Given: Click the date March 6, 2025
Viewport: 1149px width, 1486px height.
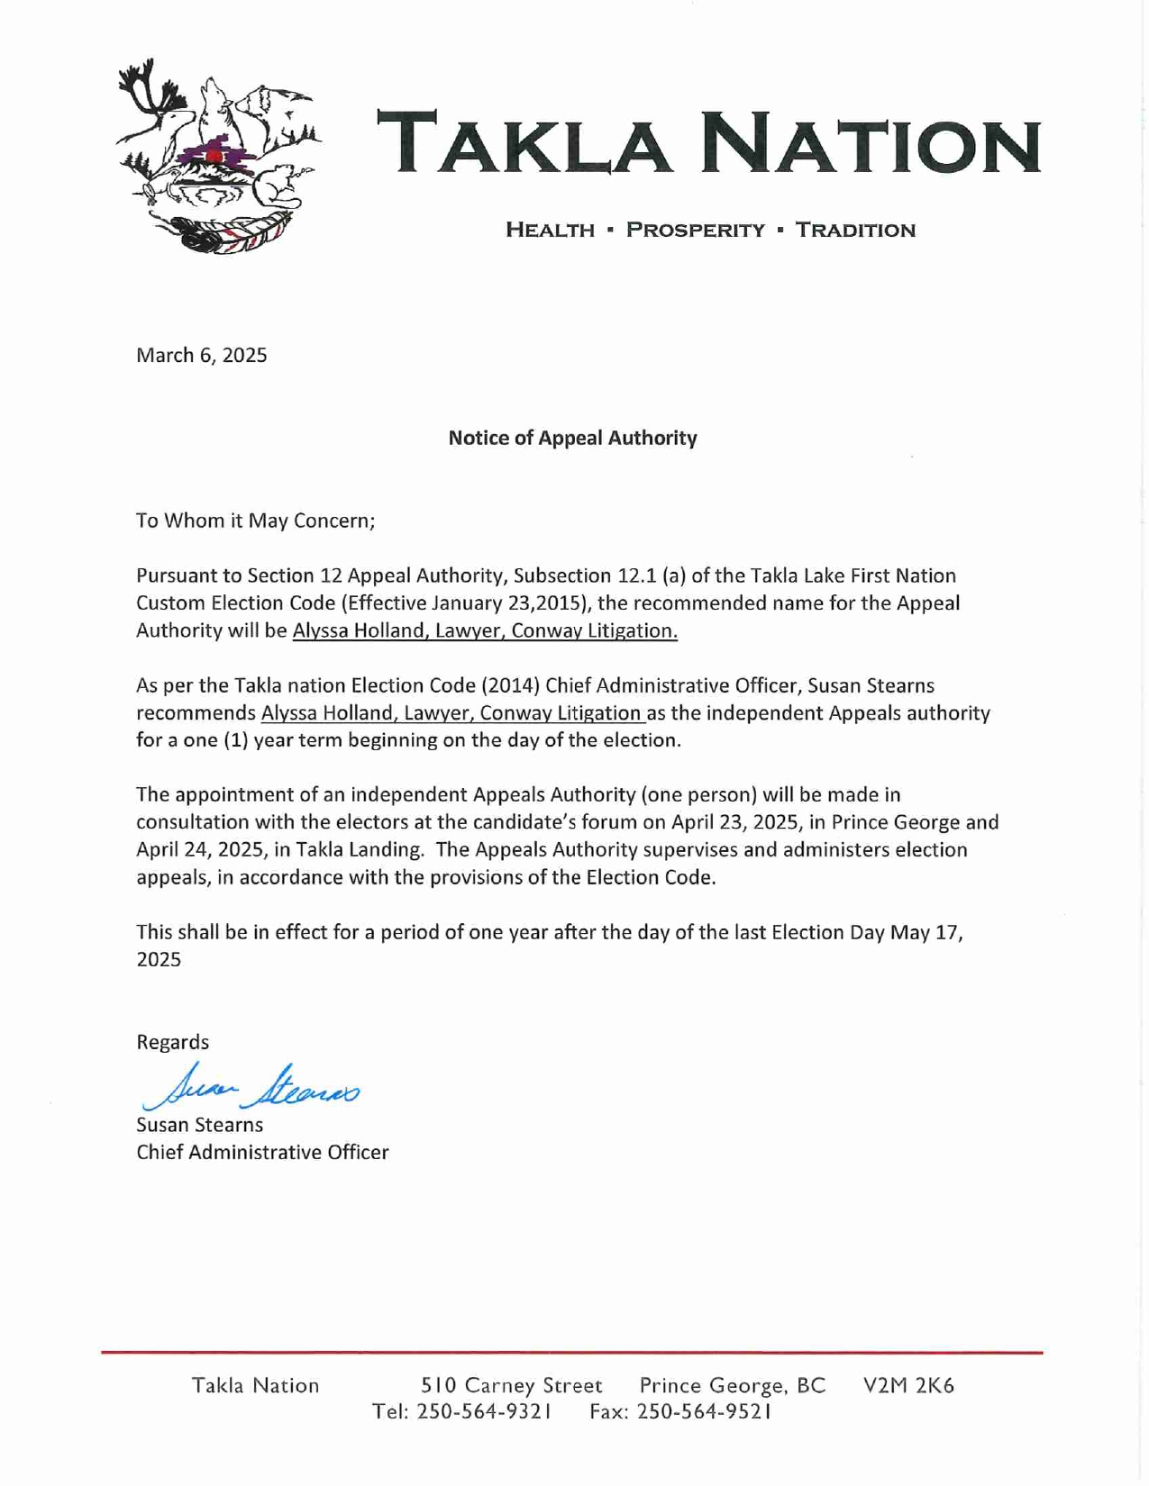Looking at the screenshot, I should point(201,355).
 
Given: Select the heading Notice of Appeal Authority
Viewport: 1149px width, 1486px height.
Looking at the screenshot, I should point(572,438).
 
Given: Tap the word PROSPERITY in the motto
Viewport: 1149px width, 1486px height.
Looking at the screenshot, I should point(695,230).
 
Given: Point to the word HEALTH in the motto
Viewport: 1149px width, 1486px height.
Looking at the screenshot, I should point(550,230).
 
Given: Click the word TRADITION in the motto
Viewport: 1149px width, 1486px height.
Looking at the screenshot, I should point(855,230).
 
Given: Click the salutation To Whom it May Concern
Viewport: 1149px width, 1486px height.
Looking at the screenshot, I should point(255,521).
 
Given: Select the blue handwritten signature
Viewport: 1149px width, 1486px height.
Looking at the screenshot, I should point(251,1087).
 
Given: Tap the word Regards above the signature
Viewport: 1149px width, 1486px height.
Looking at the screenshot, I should point(172,1042).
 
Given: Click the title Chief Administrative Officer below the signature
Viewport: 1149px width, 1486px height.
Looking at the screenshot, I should point(262,1152).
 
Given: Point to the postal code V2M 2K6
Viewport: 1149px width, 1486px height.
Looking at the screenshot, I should point(908,1385).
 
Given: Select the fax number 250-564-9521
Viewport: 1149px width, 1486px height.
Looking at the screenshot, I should point(704,1411).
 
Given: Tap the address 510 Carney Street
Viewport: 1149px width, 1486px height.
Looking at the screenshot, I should point(512,1385).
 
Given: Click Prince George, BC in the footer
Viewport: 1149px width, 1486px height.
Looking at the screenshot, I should point(732,1385).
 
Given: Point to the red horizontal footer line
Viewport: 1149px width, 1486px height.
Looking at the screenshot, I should point(572,1352).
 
